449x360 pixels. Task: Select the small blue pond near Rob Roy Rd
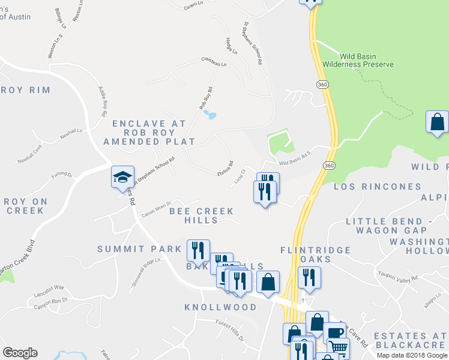(209, 114)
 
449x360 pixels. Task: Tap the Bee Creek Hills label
(201, 215)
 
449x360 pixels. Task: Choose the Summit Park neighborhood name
(139, 248)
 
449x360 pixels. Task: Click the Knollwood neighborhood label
(220, 307)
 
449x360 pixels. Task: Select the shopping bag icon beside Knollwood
(268, 281)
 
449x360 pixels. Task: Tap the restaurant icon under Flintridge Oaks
(309, 277)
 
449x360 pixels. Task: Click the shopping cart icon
(339, 347)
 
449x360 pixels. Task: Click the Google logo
(20, 353)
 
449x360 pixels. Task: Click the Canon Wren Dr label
(156, 209)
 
